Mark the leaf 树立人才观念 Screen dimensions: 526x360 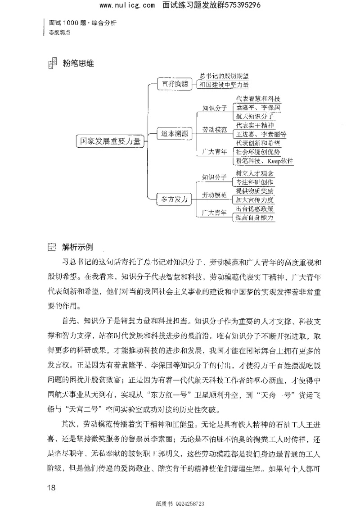click(255, 173)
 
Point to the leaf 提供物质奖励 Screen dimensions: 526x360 click(255, 191)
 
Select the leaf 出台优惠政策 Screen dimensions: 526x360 click(255, 208)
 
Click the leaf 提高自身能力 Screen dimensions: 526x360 click(255, 217)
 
